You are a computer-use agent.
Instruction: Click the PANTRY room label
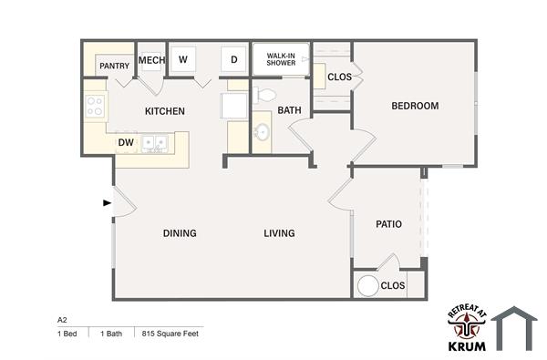114,66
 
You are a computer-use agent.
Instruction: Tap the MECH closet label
150,61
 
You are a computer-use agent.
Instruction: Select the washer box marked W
183,60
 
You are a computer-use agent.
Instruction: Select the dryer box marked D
233,60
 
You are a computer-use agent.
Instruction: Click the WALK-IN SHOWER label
280,60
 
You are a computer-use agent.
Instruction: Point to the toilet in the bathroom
265,94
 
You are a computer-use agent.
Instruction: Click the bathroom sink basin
262,133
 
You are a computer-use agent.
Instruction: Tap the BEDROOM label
415,106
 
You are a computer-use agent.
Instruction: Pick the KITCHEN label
165,111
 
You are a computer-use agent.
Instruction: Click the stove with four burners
96,106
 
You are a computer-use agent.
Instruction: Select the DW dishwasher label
126,142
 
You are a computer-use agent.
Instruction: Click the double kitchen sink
156,143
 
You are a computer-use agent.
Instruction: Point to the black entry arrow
108,202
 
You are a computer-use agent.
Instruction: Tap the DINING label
180,233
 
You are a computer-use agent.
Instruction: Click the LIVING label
279,233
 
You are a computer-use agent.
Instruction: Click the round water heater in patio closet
367,285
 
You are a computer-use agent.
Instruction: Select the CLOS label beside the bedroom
339,77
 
